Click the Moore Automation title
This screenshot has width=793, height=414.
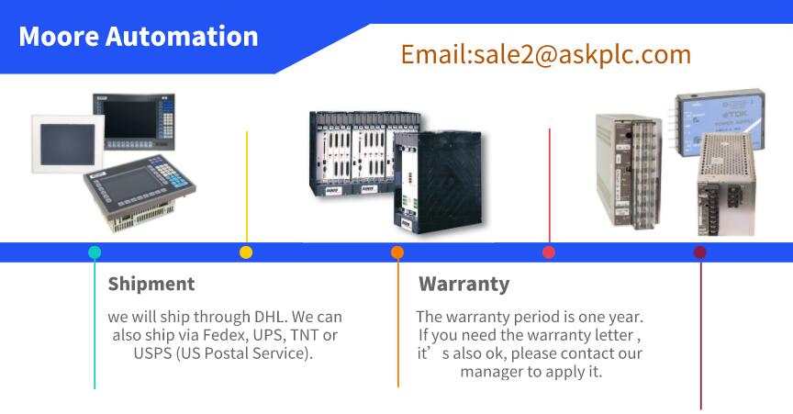138,37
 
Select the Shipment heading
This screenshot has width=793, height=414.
151,284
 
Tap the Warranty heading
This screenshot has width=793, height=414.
464,285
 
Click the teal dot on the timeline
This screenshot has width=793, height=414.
95,252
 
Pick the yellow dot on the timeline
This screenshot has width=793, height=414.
246,252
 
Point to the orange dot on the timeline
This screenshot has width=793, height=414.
397,252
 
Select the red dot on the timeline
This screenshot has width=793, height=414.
549,252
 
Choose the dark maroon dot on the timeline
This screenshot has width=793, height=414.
700,252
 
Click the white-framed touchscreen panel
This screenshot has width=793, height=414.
68,144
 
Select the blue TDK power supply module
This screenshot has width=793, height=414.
720,122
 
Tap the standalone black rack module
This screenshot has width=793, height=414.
438,181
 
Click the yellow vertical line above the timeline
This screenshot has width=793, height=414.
247,186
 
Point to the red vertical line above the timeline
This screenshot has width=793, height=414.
549,185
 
